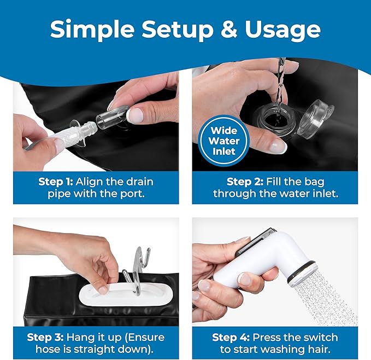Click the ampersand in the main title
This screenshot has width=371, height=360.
pos(229,29)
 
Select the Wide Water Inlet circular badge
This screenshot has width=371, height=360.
pos(224,141)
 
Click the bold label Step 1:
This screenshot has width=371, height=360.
pos(56,182)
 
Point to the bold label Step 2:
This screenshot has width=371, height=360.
pos(245,182)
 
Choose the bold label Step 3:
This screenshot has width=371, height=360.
pos(45,337)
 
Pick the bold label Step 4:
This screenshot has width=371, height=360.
pos(231,337)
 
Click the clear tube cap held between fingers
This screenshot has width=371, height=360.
pos(112,118)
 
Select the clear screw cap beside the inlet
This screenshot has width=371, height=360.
pos(316,118)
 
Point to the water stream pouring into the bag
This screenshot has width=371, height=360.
pos(281,88)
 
